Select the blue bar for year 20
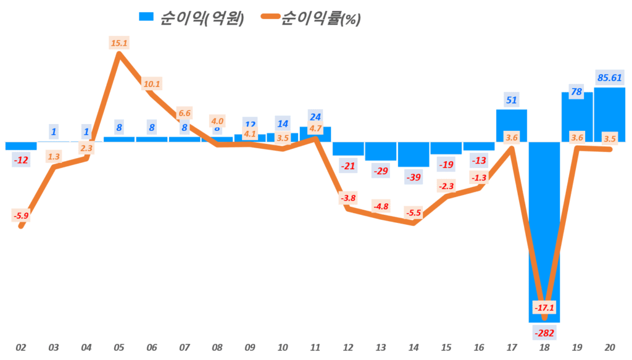click(610, 115)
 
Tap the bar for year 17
click(512, 126)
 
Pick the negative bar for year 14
click(414, 154)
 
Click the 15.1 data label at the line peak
click(118, 43)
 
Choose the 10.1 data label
click(151, 84)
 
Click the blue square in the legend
click(147, 18)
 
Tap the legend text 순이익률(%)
click(320, 19)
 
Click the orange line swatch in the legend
click(262, 18)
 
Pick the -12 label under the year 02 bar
click(21, 161)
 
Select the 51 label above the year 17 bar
click(512, 100)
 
